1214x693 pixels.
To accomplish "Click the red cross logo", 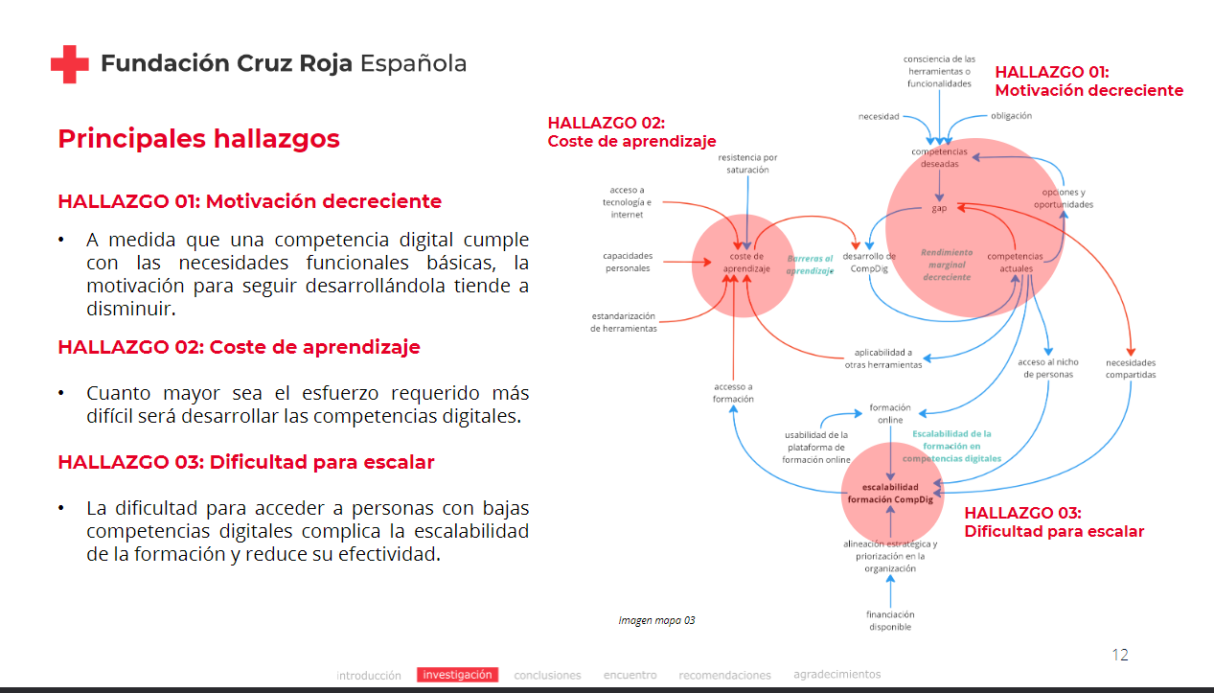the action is click(x=69, y=64).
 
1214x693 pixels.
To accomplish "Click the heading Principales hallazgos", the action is click(x=199, y=139).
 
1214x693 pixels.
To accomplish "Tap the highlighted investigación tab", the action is click(x=457, y=675).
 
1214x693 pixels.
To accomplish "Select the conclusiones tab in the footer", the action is click(x=547, y=675).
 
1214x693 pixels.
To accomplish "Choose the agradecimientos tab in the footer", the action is click(x=836, y=674).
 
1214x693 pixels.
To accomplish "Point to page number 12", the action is click(x=1120, y=655).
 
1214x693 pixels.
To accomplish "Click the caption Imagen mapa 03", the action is click(x=656, y=620).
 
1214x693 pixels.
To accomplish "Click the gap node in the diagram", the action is click(x=939, y=208).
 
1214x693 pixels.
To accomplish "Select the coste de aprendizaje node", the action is click(x=746, y=263).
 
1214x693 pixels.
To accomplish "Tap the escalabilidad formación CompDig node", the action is click(x=890, y=494).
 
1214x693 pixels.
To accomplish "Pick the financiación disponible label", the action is click(x=890, y=621).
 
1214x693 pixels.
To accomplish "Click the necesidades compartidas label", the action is click(x=1131, y=369).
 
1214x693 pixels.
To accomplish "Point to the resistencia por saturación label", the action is click(x=747, y=164).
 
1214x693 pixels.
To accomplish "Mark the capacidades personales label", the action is click(x=628, y=262).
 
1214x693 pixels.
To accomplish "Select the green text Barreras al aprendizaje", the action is click(x=810, y=265).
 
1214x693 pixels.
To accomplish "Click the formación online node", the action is click(x=890, y=414).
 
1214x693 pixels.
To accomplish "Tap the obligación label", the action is click(x=1011, y=116).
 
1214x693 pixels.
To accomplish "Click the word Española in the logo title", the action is click(x=413, y=64).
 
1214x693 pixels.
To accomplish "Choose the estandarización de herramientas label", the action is click(x=623, y=322).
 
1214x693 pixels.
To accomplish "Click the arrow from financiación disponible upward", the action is click(x=890, y=591).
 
